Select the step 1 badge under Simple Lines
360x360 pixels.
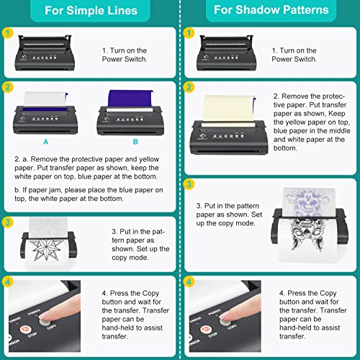[6, 33]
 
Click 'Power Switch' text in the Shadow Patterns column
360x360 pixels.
[297, 60]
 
